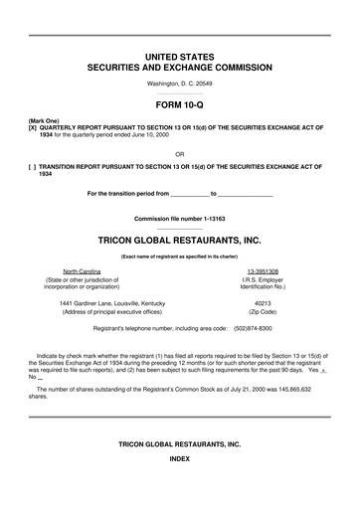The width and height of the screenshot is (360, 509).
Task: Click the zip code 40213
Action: [x=263, y=303]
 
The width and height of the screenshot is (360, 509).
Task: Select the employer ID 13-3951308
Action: [x=263, y=271]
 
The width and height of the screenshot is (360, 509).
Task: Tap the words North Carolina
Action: [x=85, y=271]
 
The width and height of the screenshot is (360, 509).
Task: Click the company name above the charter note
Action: [x=179, y=241]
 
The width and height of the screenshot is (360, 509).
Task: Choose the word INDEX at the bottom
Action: [x=179, y=488]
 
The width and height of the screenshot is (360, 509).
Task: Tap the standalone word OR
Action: [x=179, y=154]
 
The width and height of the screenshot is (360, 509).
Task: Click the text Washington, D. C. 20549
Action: [x=179, y=85]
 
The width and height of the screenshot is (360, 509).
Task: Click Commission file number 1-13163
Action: [x=179, y=218]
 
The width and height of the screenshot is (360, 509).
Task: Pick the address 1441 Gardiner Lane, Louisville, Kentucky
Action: [x=112, y=303]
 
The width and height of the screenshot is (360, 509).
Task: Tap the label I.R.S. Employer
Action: [x=263, y=280]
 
